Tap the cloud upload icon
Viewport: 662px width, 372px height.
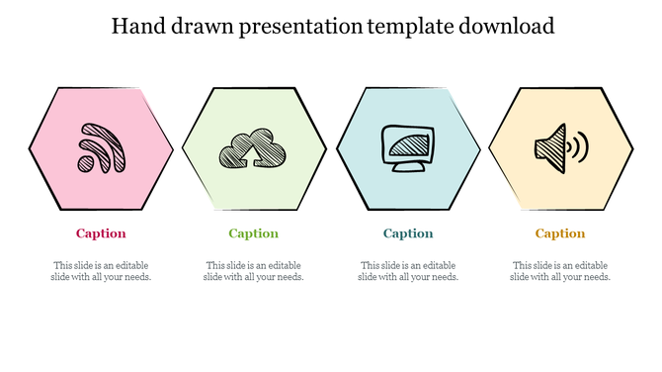[254, 149]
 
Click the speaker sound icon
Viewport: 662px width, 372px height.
[560, 148]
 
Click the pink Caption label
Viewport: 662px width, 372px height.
[101, 233]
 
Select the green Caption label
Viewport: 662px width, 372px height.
[253, 233]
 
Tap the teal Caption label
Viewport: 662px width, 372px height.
[408, 233]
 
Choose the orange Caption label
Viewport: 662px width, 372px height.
[560, 233]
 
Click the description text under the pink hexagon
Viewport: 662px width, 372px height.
[101, 271]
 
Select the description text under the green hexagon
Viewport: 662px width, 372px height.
[253, 271]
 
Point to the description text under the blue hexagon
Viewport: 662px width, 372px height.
[408, 271]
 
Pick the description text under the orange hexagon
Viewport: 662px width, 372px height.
[560, 271]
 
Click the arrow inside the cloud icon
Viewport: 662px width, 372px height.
[264, 153]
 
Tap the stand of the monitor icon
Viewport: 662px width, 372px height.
[408, 166]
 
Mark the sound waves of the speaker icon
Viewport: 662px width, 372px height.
[579, 147]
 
